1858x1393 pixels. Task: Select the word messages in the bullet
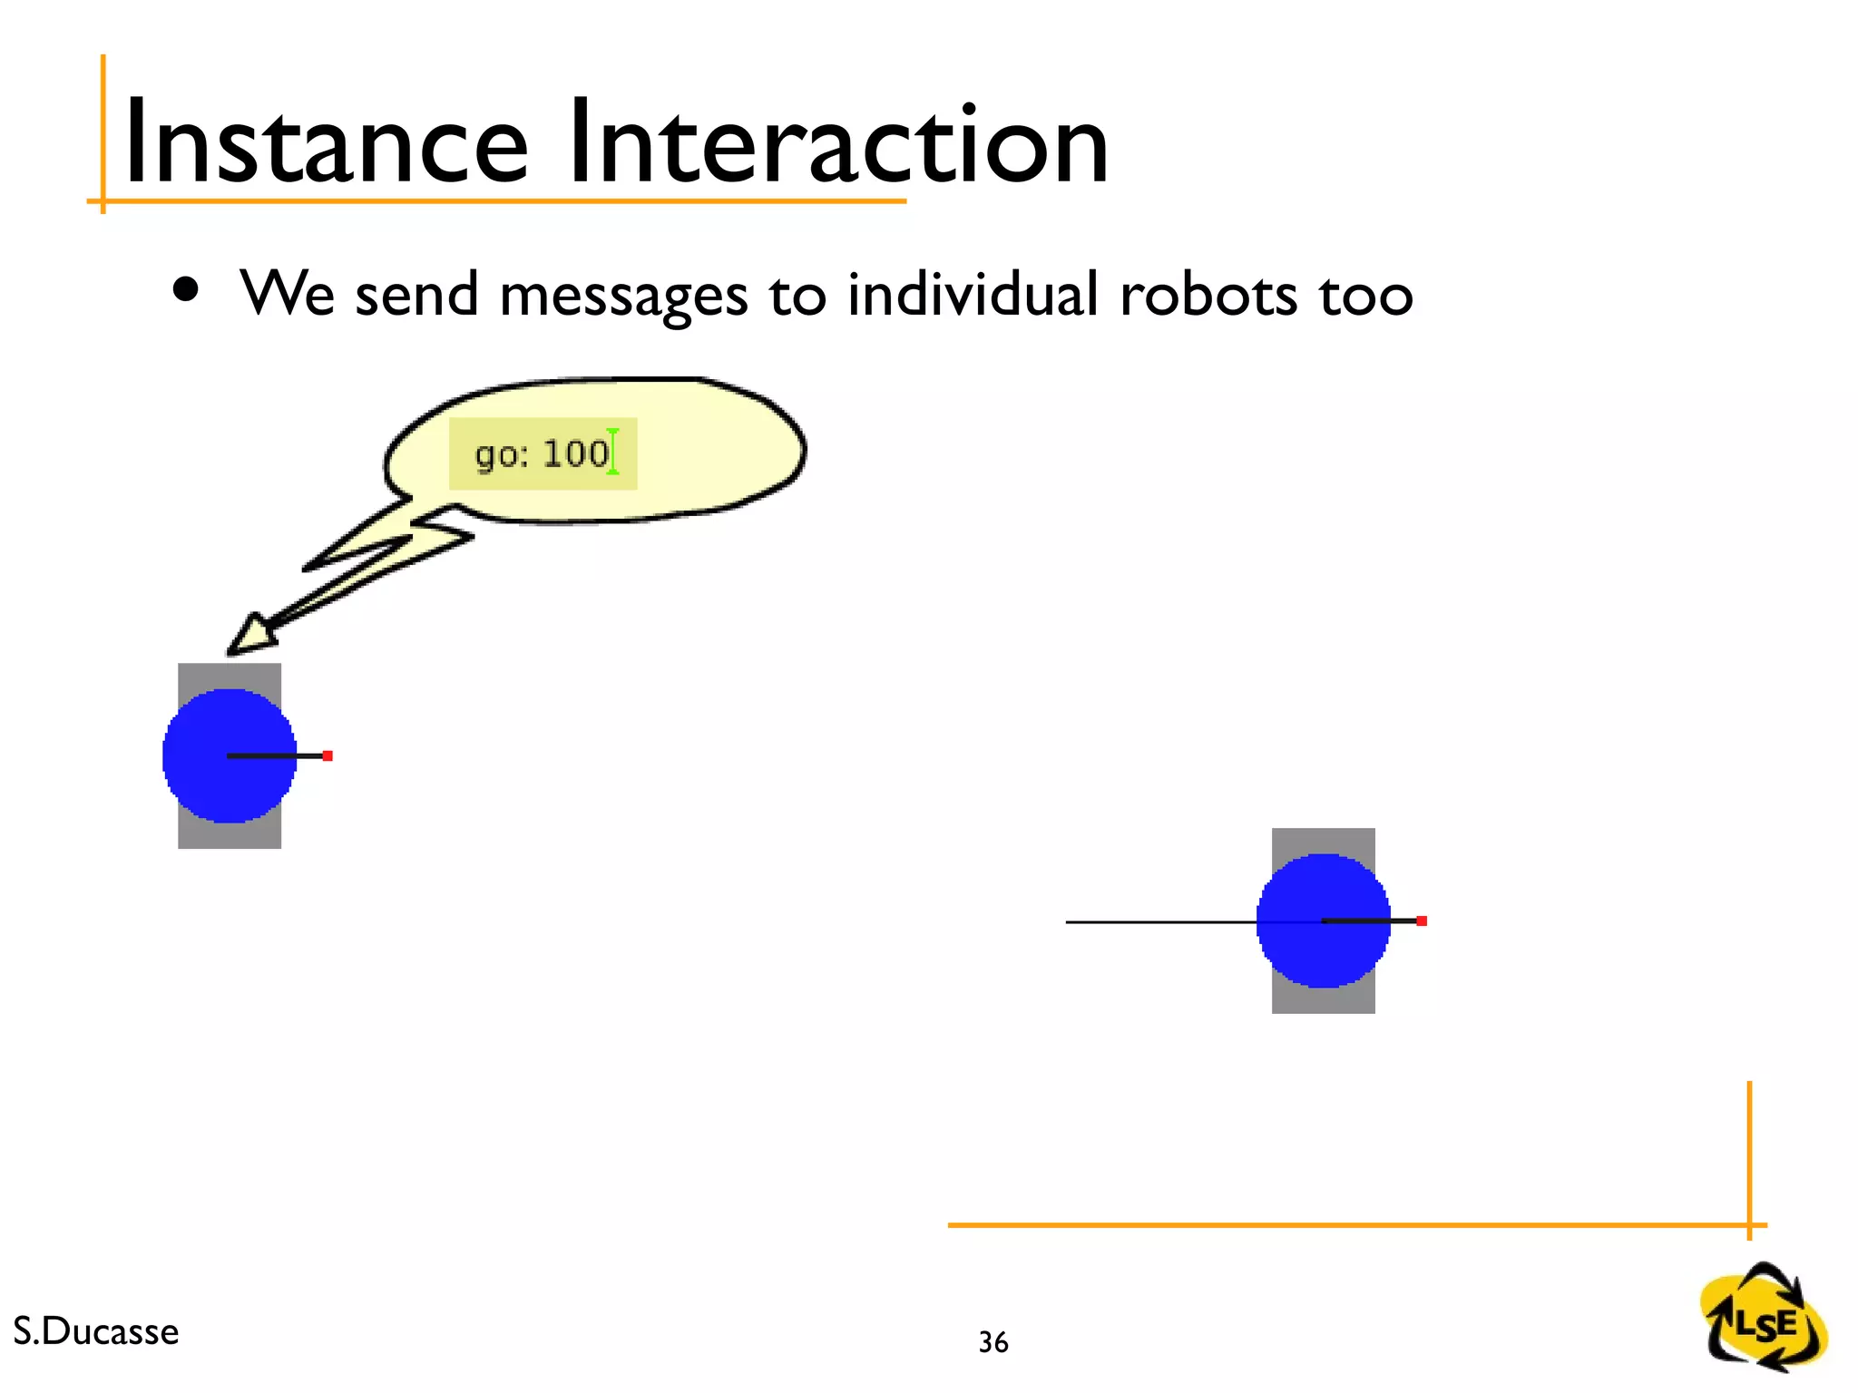click(x=623, y=297)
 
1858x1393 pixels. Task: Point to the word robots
click(x=1208, y=295)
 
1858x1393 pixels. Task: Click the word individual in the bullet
click(x=973, y=295)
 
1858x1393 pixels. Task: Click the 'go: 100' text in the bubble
click(x=542, y=453)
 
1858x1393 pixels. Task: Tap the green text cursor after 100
click(x=613, y=452)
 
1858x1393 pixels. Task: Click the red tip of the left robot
click(x=328, y=755)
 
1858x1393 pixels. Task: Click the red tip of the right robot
click(x=1422, y=921)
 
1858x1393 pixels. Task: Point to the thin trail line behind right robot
click(x=1161, y=922)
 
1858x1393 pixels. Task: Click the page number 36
click(x=993, y=1342)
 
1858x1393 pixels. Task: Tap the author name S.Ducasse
click(x=96, y=1331)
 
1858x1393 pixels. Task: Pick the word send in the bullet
click(x=416, y=295)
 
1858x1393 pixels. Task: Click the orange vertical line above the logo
click(x=1749, y=1152)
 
